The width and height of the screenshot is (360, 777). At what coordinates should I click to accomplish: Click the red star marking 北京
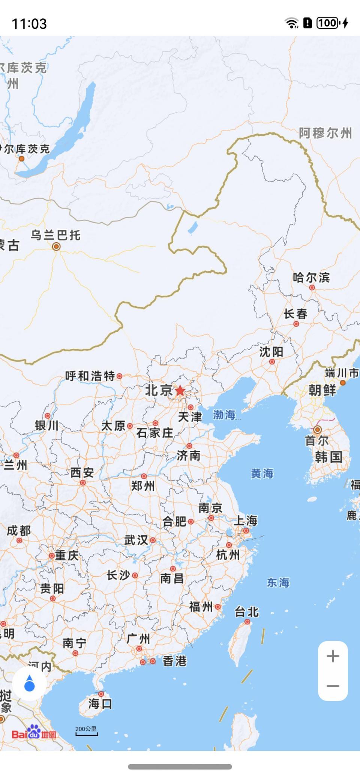tap(180, 390)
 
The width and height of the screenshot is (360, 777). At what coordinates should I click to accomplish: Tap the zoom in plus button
tap(333, 656)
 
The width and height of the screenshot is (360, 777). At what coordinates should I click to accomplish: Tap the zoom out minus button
tap(333, 686)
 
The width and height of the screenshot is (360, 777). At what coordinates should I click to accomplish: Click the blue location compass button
tap(29, 683)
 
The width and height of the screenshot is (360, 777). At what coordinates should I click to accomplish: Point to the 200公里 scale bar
tap(86, 731)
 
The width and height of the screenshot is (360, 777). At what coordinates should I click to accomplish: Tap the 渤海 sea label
tap(224, 415)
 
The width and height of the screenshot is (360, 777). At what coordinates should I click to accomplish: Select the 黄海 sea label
tap(262, 474)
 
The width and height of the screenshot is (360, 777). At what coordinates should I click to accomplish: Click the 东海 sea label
tap(278, 582)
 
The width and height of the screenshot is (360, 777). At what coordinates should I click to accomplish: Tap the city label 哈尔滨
tap(311, 278)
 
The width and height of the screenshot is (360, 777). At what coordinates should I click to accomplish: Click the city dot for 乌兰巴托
tap(56, 246)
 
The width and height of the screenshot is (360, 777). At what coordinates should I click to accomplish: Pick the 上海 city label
tap(246, 520)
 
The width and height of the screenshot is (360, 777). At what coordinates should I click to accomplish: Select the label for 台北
tap(247, 612)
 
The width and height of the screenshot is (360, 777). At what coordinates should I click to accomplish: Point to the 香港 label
tap(175, 661)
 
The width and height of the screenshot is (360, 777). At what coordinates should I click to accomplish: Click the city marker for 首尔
tap(318, 430)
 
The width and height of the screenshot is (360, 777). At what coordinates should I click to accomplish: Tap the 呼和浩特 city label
tap(90, 376)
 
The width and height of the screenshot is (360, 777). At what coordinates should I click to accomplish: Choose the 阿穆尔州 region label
tap(325, 133)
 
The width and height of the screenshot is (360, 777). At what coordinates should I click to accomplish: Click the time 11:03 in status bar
tap(29, 24)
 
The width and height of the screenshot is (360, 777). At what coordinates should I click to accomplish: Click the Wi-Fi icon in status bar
tap(291, 23)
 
